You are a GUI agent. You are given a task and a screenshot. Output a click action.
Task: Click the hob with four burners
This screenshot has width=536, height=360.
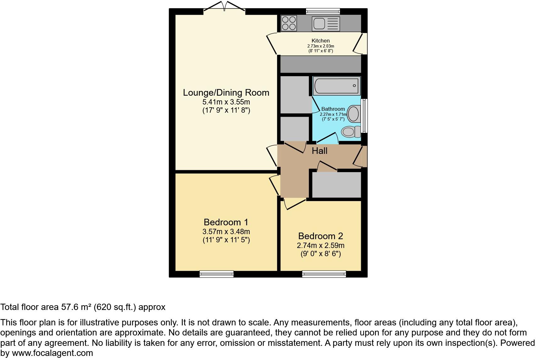pyautogui.click(x=289, y=23)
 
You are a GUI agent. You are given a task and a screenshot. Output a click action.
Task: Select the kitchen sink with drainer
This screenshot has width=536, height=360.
pyautogui.click(x=326, y=24)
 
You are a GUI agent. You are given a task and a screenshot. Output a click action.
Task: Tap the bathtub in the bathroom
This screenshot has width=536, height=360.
pyautogui.click(x=336, y=85)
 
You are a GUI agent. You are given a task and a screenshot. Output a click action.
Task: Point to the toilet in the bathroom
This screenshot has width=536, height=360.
pyautogui.click(x=350, y=132)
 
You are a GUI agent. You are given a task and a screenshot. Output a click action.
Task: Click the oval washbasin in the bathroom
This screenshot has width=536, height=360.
pyautogui.click(x=354, y=114)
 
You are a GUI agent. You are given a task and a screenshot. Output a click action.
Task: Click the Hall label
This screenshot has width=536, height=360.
pyautogui.click(x=320, y=151)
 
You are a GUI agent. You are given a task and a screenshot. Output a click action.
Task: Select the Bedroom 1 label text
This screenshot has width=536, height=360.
pyautogui.click(x=226, y=222)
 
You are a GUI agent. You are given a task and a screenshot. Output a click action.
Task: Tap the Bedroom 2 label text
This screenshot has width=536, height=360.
pyautogui.click(x=320, y=236)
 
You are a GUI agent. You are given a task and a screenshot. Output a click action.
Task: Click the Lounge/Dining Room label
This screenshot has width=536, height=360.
pyautogui.click(x=226, y=93)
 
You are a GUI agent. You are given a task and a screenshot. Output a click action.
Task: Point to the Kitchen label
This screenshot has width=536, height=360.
pyautogui.click(x=321, y=41)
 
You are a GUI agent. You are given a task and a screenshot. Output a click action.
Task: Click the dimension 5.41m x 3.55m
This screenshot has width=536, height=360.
pyautogui.click(x=226, y=102)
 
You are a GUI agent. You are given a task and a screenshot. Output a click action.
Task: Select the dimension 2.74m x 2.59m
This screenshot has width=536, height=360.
pyautogui.click(x=321, y=245)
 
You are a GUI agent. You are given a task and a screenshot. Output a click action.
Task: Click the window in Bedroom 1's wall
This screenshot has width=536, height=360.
pyautogui.click(x=216, y=274)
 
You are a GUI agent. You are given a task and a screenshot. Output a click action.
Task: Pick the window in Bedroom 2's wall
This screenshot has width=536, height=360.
pyautogui.click(x=324, y=274)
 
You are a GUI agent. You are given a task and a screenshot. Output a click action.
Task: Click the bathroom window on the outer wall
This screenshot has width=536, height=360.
pyautogui.click(x=364, y=115)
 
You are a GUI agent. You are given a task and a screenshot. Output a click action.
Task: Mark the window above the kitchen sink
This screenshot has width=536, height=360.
pyautogui.click(x=323, y=12)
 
